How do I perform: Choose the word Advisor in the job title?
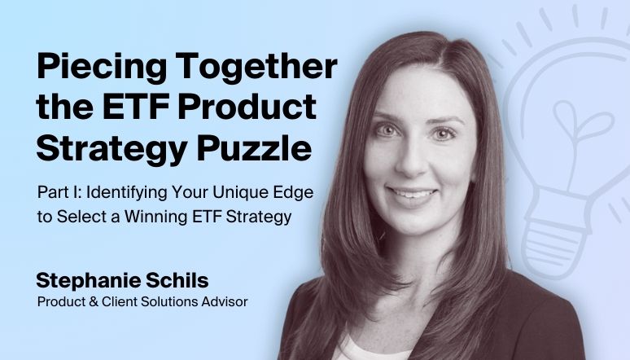point(224,302)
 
